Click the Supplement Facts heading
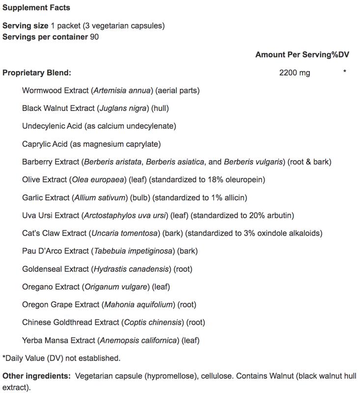pyautogui.click(x=36, y=8)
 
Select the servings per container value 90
pyautogui.click(x=94, y=37)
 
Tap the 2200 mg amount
pyautogui.click(x=294, y=73)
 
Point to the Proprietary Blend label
pyautogui.click(x=37, y=73)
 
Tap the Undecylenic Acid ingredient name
pyautogui.click(x=52, y=126)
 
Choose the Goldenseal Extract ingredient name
pyautogui.click(x=55, y=269)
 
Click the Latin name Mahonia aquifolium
pyautogui.click(x=139, y=305)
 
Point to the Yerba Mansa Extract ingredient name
pyautogui.click(x=59, y=340)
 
